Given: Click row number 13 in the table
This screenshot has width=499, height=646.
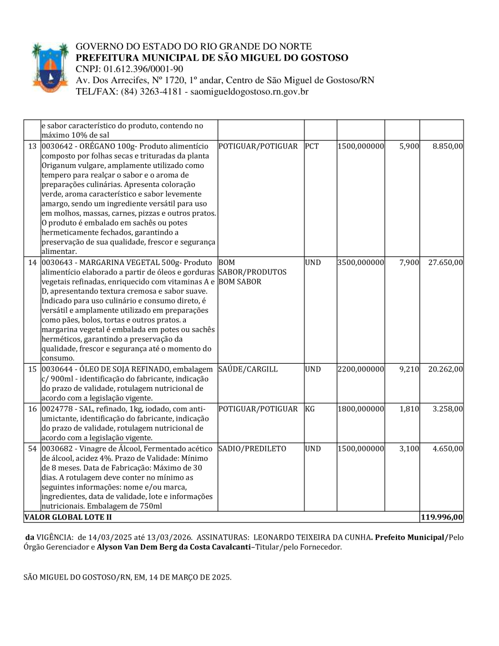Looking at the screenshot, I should [x=32, y=146].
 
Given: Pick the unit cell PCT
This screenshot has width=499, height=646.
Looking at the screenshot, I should [x=312, y=146].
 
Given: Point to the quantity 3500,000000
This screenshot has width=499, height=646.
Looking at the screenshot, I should [x=360, y=262].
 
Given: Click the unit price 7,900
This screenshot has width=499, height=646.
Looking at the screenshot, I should [x=409, y=262].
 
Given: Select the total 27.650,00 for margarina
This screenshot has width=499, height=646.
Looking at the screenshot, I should [x=445, y=262].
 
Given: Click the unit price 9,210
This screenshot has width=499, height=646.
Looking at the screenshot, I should [x=409, y=369].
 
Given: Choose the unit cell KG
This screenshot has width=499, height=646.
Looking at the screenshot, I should [x=310, y=409].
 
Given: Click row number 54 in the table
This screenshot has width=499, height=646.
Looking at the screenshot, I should [x=32, y=449].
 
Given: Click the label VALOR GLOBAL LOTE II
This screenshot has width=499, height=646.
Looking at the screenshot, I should [x=68, y=517].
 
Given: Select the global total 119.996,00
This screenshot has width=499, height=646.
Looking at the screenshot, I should [x=442, y=517].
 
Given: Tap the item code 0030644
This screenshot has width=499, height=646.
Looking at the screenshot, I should [x=58, y=369].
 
